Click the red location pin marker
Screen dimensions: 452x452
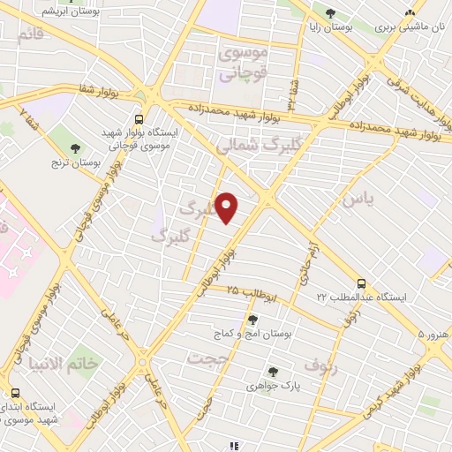227,207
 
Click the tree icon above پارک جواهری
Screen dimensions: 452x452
273,372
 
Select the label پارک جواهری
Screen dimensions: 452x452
273,386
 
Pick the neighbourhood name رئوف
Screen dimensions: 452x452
320,363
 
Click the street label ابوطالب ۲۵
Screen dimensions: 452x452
252,290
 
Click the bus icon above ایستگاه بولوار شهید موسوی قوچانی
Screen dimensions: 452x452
139,119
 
